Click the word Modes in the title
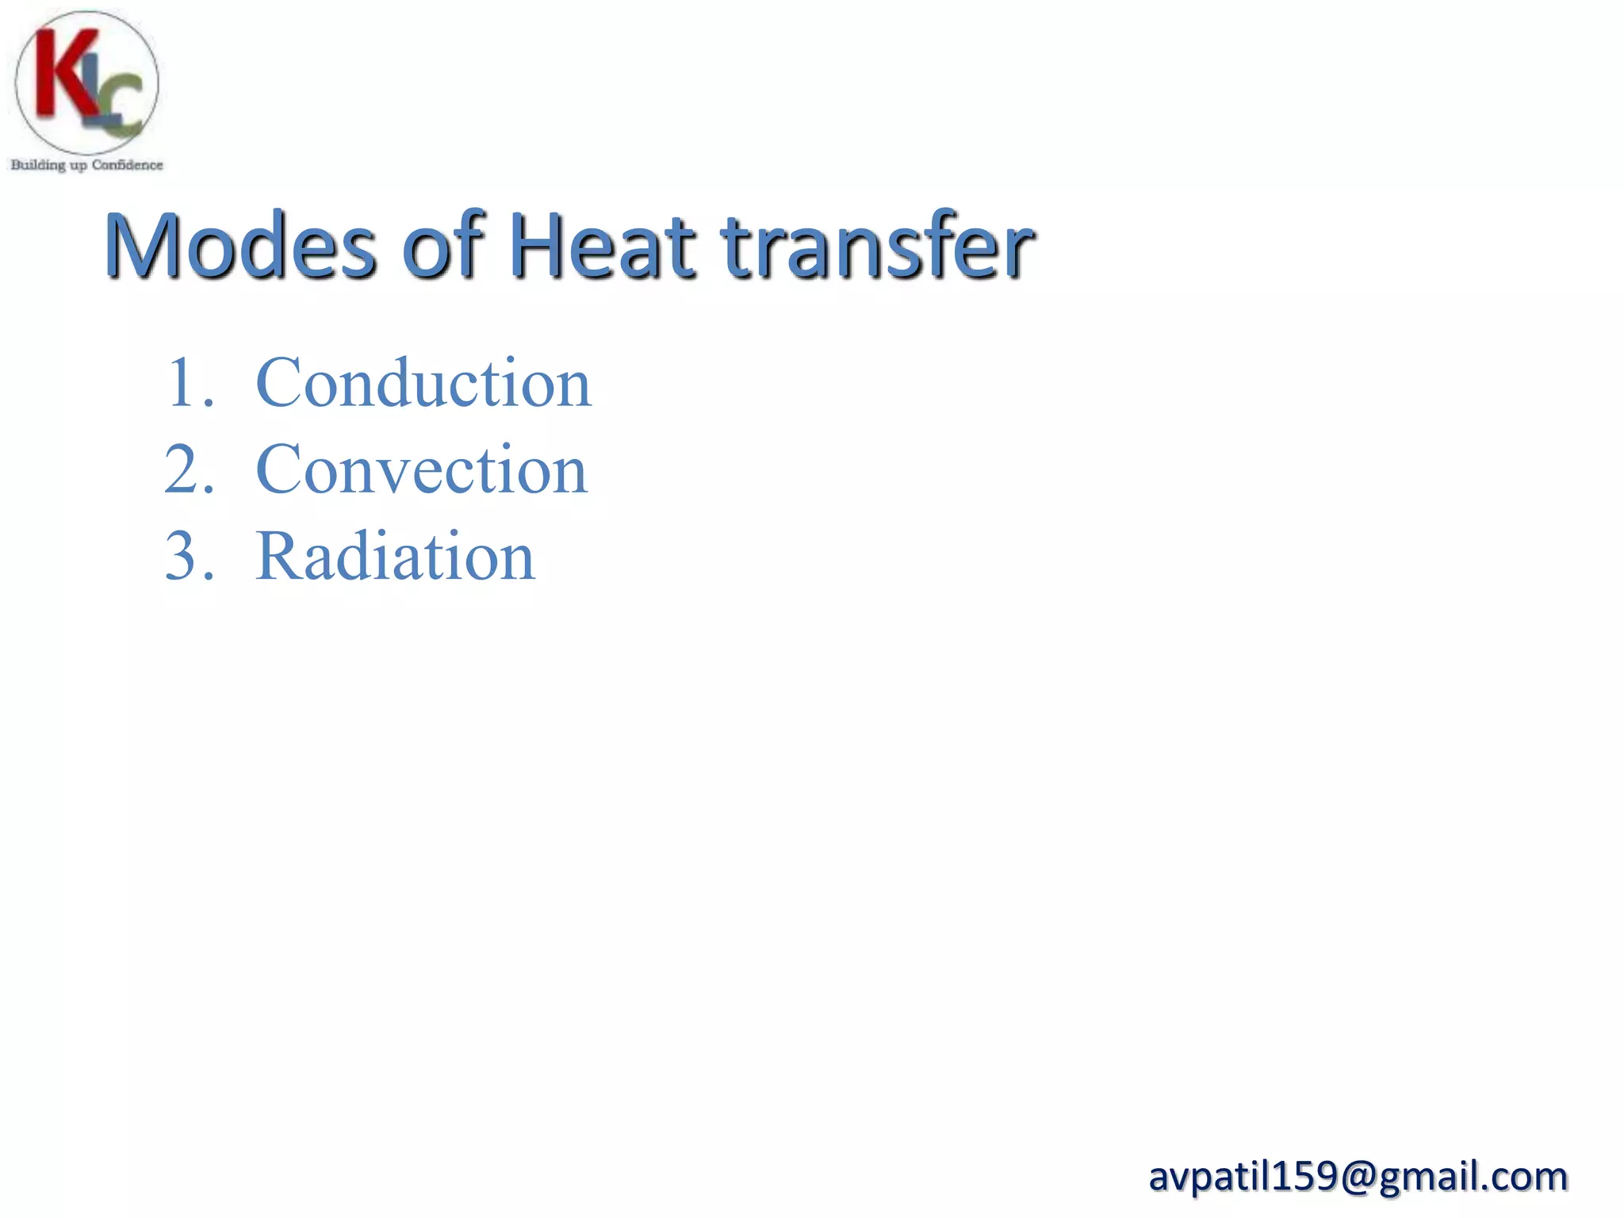(239, 246)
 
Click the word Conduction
(423, 384)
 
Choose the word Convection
(422, 470)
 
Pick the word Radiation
(395, 557)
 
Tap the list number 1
(184, 384)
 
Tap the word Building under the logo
(37, 165)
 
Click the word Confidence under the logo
(127, 165)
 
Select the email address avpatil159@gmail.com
(1358, 1176)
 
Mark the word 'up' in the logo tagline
(78, 166)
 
